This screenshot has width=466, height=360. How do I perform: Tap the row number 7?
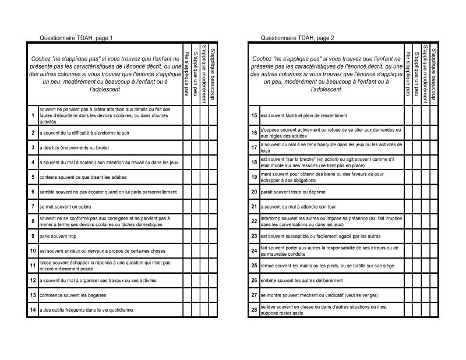coord(33,206)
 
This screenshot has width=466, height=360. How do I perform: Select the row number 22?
coord(254,221)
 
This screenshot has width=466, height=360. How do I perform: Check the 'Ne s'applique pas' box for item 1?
coord(187,115)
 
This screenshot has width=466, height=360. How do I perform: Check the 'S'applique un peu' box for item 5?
coord(195,177)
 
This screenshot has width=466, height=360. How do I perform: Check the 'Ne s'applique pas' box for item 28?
coord(408,310)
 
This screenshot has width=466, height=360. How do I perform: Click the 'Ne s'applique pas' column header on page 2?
coord(408,74)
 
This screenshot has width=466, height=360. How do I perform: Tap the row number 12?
coord(33,280)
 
